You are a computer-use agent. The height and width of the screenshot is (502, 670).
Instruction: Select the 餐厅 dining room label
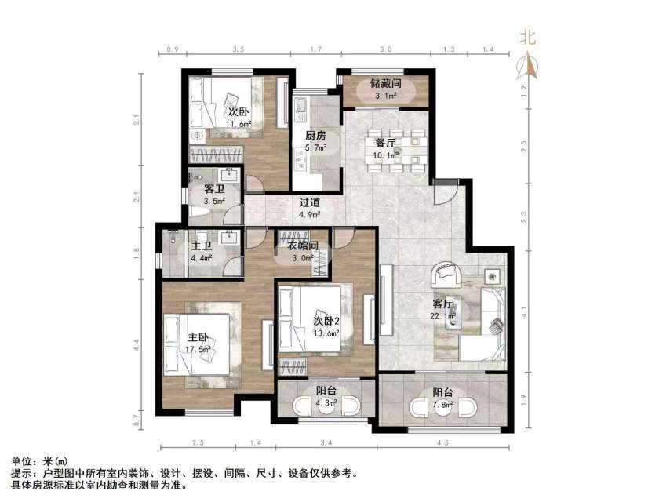(384, 143)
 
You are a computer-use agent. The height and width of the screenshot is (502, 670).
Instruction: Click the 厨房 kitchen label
(316, 134)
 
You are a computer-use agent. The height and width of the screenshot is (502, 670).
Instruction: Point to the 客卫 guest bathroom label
(214, 189)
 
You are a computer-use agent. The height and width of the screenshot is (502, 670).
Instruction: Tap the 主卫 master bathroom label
(202, 246)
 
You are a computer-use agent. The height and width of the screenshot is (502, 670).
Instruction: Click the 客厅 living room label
(444, 304)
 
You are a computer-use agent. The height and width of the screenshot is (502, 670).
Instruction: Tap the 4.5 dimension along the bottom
(443, 445)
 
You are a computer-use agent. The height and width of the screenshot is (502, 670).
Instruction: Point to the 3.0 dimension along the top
(386, 49)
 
